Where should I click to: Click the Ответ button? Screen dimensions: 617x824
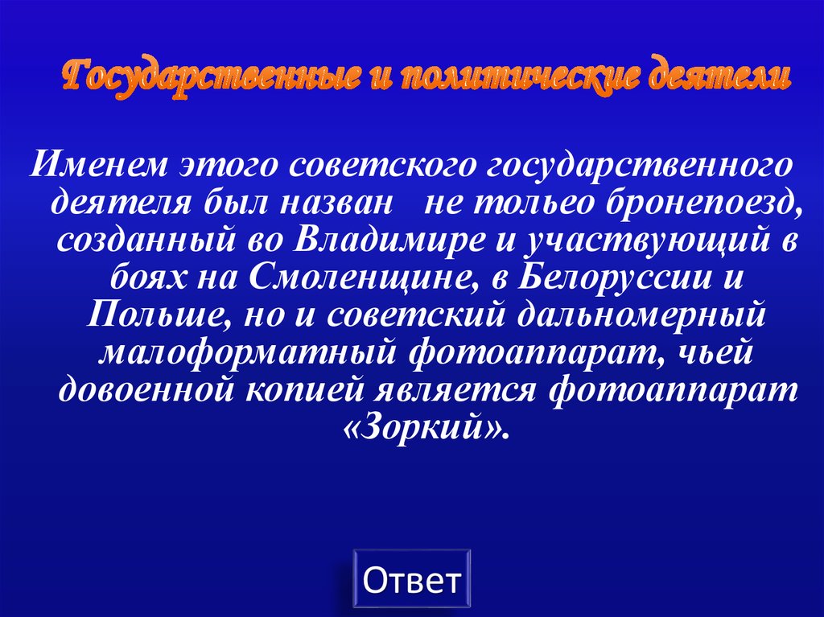coord(412,579)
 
